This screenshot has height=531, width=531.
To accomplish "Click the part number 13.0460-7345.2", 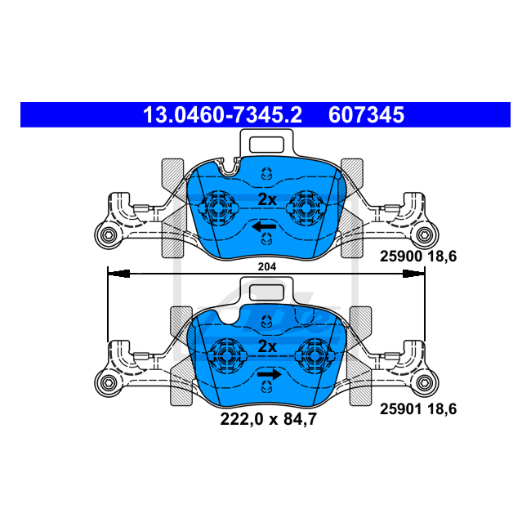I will [x=222, y=115].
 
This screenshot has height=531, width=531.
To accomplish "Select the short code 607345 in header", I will [x=366, y=115].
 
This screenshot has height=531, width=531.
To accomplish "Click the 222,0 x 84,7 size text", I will [x=267, y=421].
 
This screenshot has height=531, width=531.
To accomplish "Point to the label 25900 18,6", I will [x=417, y=257].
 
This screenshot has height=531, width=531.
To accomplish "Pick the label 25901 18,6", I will [x=417, y=408].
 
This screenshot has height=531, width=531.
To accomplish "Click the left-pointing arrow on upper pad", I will [x=263, y=226].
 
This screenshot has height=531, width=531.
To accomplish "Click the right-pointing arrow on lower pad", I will [x=269, y=375].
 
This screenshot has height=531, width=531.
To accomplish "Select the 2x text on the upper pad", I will [x=267, y=199].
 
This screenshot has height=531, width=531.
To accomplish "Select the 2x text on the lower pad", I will [x=267, y=346].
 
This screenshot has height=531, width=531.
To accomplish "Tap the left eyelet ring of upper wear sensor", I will [x=107, y=237].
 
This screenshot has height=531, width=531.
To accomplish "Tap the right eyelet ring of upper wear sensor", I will [x=424, y=237].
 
